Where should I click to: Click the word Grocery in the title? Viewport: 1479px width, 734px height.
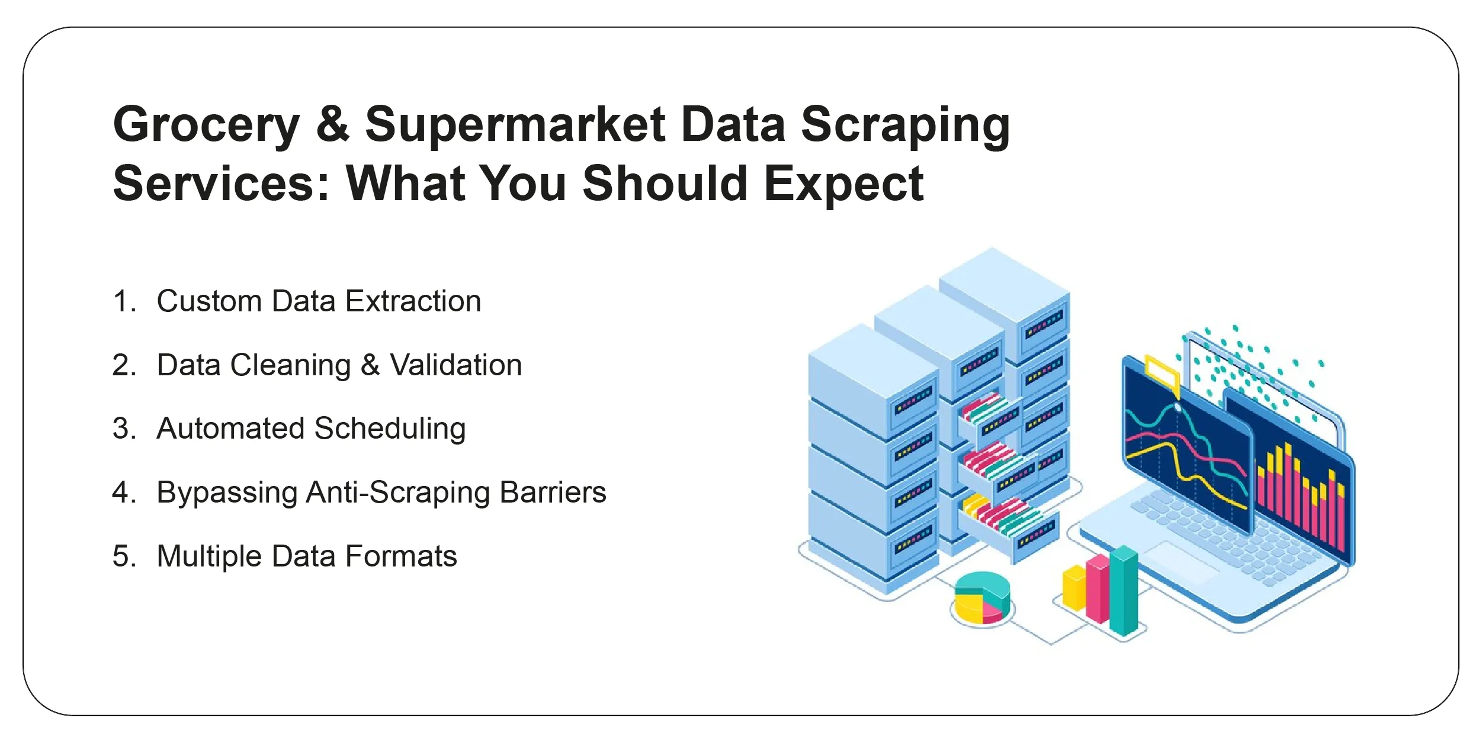click(x=206, y=126)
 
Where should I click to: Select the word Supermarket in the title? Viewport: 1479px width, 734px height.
click(x=515, y=126)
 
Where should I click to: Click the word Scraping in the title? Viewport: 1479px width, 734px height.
click(x=905, y=126)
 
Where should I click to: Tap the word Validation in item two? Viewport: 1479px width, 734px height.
click(x=455, y=365)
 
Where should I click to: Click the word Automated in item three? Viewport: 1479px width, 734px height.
click(x=230, y=429)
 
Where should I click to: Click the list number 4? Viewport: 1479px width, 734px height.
click(x=123, y=492)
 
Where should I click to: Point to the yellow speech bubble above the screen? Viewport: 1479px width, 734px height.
click(x=1162, y=373)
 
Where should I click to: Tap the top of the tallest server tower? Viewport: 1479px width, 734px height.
click(x=1003, y=278)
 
